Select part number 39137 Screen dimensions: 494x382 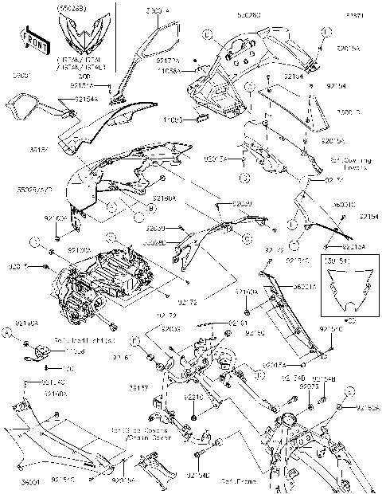(x=138, y=390)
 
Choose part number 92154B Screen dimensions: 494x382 (x=324, y=378)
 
